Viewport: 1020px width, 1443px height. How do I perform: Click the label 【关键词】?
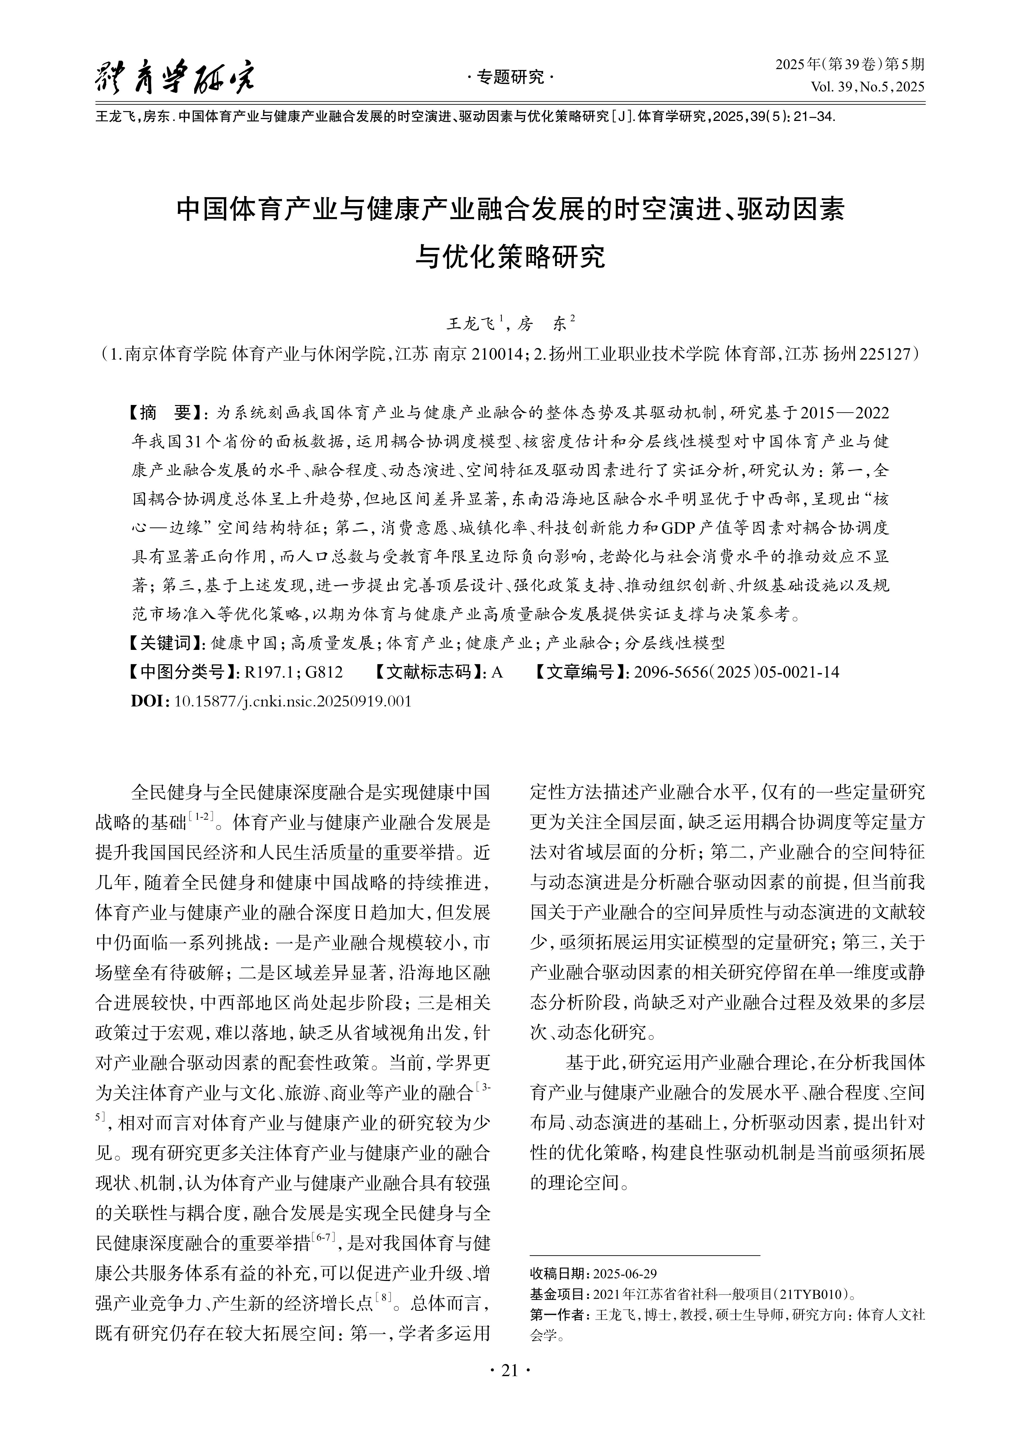165,642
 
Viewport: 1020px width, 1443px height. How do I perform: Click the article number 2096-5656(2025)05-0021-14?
737,672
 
